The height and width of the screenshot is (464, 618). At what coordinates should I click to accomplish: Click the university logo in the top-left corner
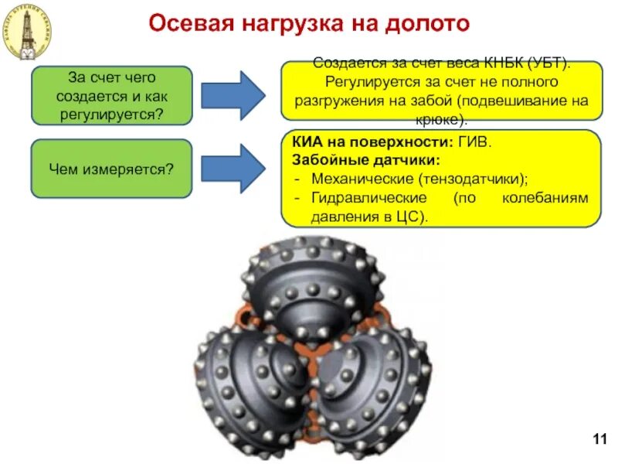tap(27, 31)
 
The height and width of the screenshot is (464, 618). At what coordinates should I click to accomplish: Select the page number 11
tap(599, 440)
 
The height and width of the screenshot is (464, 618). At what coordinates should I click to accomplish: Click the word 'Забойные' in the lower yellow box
tap(325, 161)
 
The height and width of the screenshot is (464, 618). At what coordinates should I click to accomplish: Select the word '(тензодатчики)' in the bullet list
tap(474, 179)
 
